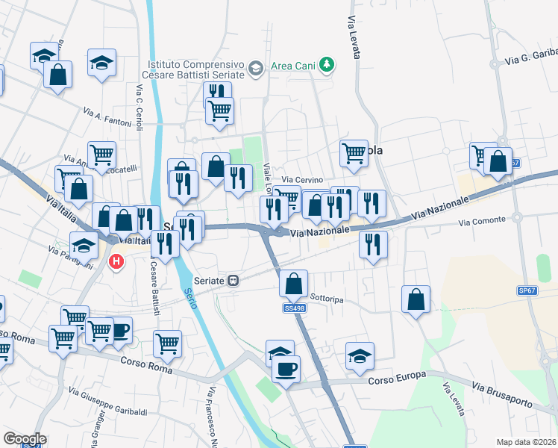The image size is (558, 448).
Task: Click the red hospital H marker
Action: (116, 261)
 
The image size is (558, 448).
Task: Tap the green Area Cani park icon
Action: (325, 66)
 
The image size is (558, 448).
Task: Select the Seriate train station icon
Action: (233, 280)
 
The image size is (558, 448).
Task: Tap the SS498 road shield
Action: (293, 308)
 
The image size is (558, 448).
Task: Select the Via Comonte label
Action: (482, 222)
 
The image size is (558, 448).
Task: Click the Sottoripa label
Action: (326, 299)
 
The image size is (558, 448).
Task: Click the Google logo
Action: (25, 439)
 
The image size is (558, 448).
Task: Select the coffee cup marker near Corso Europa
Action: (285, 367)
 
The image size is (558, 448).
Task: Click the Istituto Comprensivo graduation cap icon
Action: (256, 69)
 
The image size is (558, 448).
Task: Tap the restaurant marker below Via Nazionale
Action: (373, 244)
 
